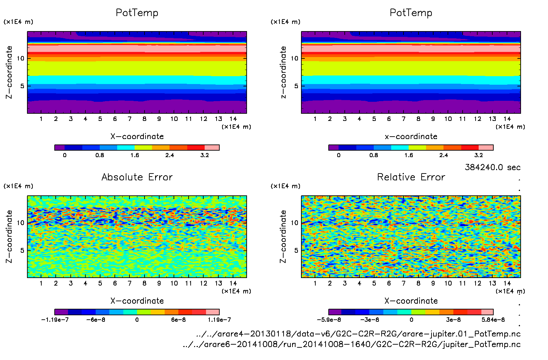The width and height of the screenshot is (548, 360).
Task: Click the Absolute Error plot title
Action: (137, 177)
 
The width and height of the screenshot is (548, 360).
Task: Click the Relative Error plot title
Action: (411, 177)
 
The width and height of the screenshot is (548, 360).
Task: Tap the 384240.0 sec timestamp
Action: (492, 167)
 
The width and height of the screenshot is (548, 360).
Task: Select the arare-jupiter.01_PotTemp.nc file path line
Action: (358, 334)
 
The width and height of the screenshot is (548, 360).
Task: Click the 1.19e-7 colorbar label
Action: (219, 320)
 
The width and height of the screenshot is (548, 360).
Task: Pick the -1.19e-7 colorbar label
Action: (55, 320)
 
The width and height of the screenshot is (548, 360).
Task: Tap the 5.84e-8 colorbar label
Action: (493, 320)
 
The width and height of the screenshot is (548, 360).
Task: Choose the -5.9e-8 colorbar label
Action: (329, 320)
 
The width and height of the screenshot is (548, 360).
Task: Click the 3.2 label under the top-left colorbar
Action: (205, 155)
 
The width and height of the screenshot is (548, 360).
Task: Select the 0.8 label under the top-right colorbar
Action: (374, 155)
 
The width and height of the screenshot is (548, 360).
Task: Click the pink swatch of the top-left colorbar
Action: (212, 148)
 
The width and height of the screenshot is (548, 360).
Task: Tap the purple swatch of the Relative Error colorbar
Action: (335, 312)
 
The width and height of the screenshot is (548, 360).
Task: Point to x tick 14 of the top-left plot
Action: (233, 119)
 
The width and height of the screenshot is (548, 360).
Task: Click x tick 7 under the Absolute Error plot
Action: (129, 283)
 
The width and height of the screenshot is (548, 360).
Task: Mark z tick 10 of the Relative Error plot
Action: (294, 223)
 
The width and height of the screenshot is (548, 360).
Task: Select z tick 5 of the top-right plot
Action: (296, 86)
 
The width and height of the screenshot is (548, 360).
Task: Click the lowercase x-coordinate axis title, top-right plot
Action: (411, 136)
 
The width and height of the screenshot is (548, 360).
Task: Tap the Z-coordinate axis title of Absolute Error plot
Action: (9, 236)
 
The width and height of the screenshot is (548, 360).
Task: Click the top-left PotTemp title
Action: (137, 13)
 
